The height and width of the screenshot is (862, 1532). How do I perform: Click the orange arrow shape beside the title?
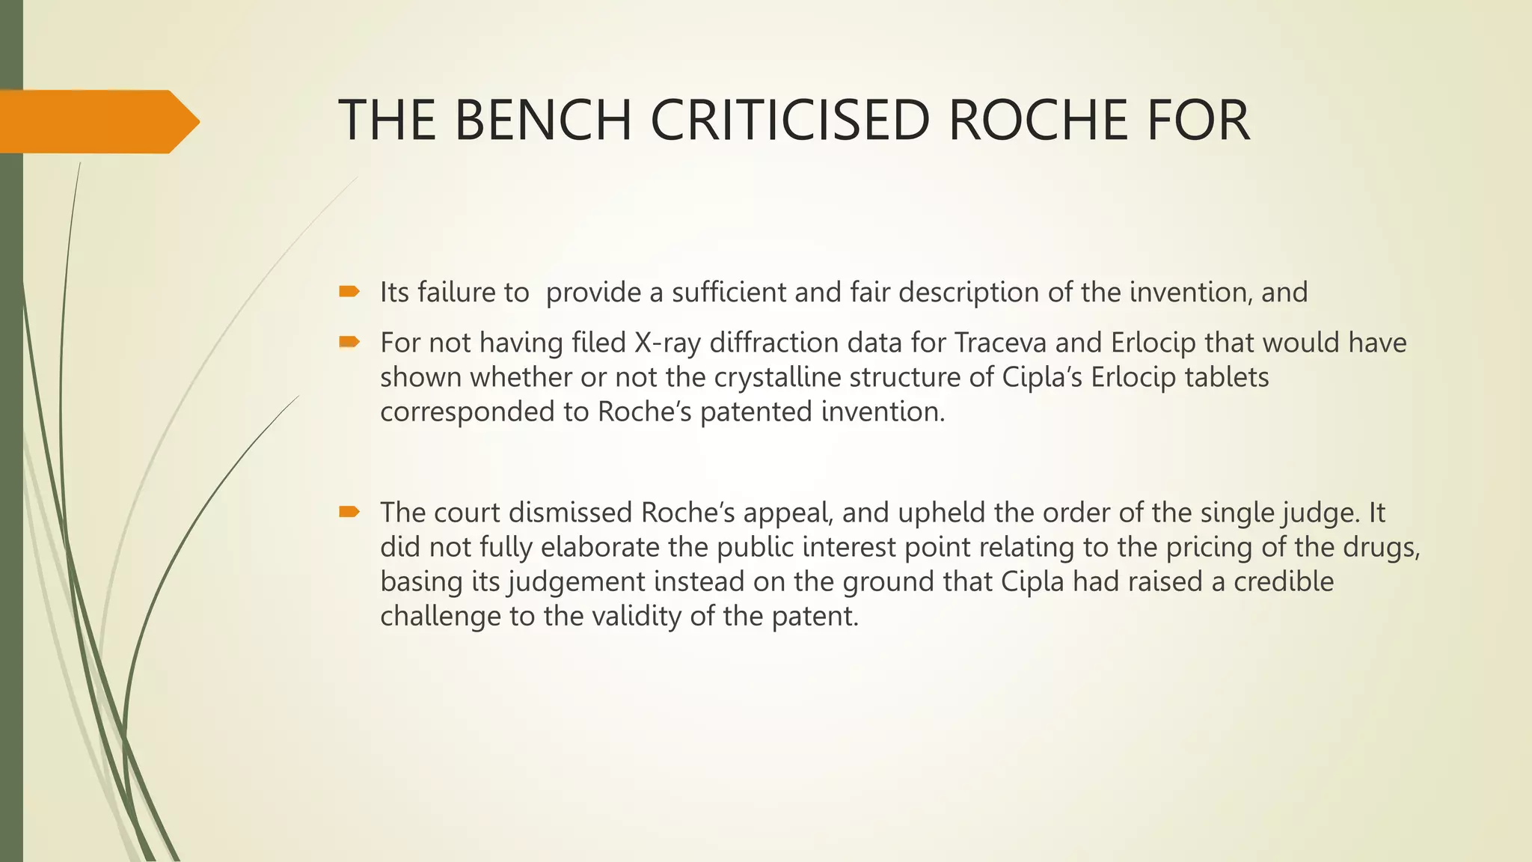click(x=97, y=121)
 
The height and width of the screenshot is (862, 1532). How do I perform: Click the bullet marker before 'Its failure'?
click(x=349, y=292)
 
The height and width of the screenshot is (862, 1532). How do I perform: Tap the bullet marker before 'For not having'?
click(x=349, y=343)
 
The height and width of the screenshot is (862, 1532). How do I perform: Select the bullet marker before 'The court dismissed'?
click(x=349, y=513)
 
